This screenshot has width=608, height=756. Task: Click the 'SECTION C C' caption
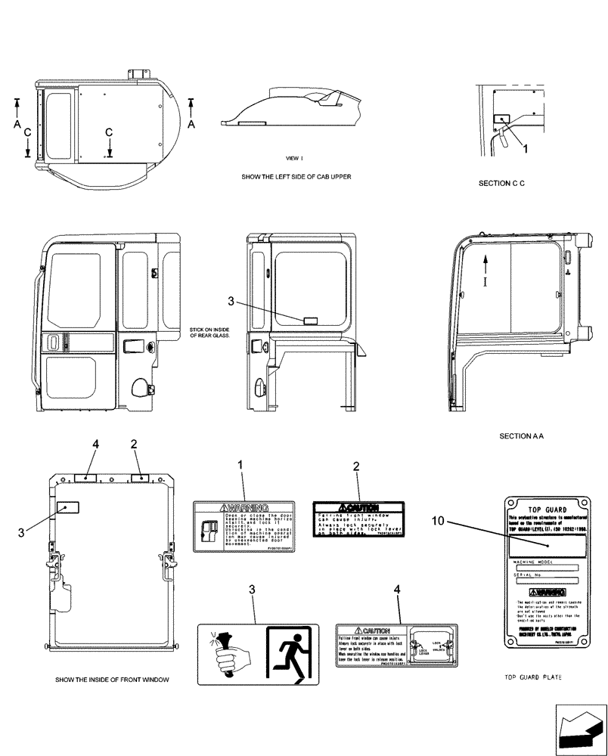[501, 184]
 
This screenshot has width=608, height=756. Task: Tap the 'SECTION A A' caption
[523, 436]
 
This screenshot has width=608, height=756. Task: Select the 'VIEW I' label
[294, 159]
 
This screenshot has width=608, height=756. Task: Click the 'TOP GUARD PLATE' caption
[542, 678]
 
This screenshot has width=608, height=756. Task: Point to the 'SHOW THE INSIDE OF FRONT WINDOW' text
[112, 680]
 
